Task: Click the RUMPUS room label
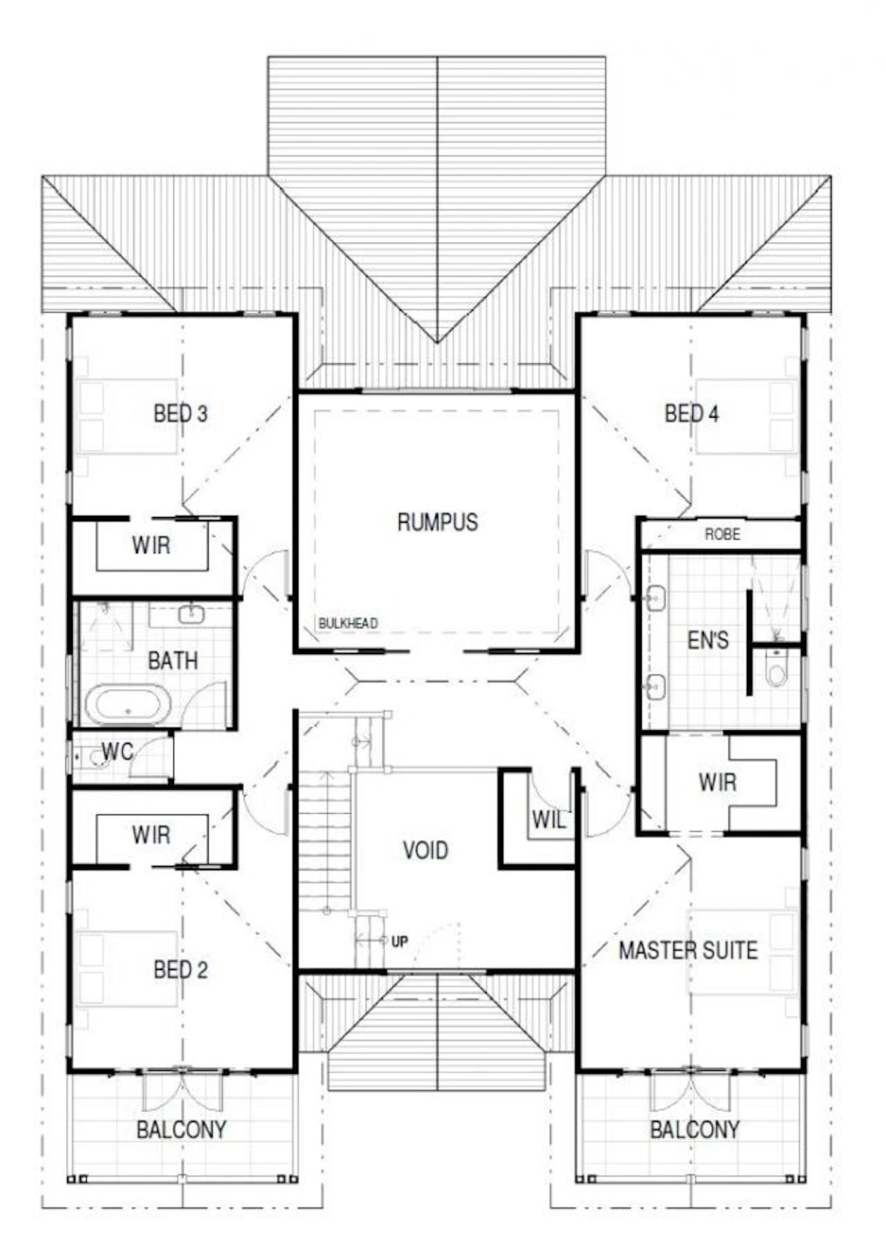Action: click(x=437, y=522)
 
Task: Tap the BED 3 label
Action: click(x=180, y=413)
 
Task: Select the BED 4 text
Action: click(x=691, y=413)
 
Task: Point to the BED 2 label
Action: click(x=180, y=969)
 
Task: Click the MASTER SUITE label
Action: click(x=688, y=950)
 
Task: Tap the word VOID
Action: click(x=425, y=850)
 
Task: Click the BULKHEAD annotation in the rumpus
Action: click(x=348, y=623)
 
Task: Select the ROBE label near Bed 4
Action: click(x=722, y=534)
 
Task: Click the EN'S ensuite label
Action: click(x=708, y=640)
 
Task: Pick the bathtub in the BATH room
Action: click(x=128, y=704)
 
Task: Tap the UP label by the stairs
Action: click(x=399, y=941)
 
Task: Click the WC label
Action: click(x=118, y=751)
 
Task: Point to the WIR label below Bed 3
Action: click(x=151, y=545)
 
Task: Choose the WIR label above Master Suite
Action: click(x=718, y=782)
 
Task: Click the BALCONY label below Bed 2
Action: click(x=182, y=1129)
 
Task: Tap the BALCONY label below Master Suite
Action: click(x=695, y=1129)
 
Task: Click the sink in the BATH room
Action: click(x=190, y=614)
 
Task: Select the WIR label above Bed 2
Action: click(x=151, y=835)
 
